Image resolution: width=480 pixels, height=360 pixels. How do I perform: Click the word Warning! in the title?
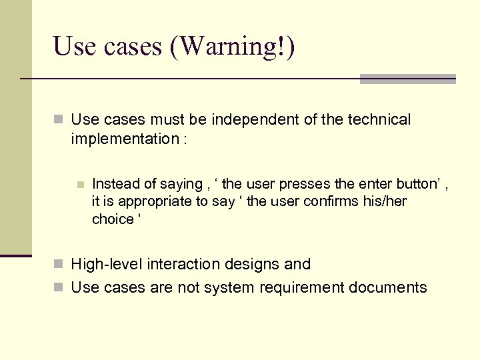coord(233,46)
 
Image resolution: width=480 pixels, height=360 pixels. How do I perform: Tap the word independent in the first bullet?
coord(255,120)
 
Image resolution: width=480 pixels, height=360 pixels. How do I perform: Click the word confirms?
coord(330,201)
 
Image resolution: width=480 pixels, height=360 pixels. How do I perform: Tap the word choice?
coord(113,219)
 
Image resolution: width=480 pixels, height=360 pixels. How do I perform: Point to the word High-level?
coord(107,265)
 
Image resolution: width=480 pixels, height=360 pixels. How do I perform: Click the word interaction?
coord(185,265)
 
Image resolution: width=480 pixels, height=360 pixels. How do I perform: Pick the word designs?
coord(254,265)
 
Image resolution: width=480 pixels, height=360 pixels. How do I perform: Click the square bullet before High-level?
coord(59,265)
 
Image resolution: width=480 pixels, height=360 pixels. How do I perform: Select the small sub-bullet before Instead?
coord(80,185)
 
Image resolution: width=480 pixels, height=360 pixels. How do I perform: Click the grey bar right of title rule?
coord(407,79)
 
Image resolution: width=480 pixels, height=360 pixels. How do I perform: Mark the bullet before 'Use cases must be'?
coord(59,120)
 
